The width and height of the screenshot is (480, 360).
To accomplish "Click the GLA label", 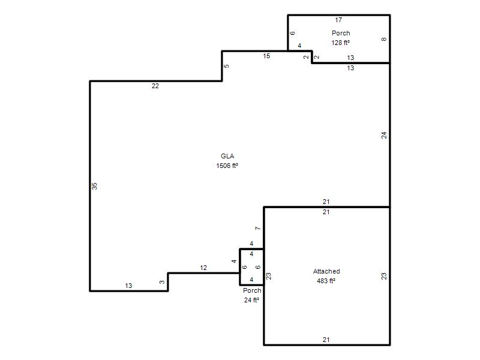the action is tap(227, 156).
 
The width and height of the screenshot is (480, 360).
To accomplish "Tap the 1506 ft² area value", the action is tap(227, 166).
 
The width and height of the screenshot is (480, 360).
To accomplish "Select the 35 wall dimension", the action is tap(95, 186).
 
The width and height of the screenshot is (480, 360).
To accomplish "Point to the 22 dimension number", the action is tap(155, 86).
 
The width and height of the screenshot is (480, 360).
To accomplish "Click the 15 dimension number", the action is tap(266, 56).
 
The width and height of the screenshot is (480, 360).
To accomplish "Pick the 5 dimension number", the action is tap(227, 66).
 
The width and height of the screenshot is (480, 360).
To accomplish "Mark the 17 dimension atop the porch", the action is tap(338, 20).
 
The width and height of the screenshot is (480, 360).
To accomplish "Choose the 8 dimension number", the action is tap(384, 39).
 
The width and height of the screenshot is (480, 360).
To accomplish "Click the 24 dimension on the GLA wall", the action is tap(384, 135).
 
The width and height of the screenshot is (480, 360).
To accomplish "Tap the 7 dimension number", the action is tap(258, 229).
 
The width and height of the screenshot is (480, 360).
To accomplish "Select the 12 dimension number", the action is tap(203, 268).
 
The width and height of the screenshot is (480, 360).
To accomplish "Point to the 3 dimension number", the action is tap(162, 282).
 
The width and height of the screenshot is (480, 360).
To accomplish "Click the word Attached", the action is tap(326, 271).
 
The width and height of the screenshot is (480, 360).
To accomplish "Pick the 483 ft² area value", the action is tap(326, 281).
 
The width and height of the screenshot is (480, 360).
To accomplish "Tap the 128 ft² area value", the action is tap(340, 43).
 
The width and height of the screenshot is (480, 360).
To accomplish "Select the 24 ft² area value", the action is tap(251, 300).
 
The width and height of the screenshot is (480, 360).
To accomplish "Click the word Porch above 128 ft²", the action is tap(341, 33).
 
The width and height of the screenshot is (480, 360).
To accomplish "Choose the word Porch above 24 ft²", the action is tap(252, 290).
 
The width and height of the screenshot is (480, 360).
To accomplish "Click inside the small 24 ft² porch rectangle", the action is tap(251, 267).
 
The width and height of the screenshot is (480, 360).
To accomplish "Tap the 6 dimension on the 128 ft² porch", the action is tap(292, 33).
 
